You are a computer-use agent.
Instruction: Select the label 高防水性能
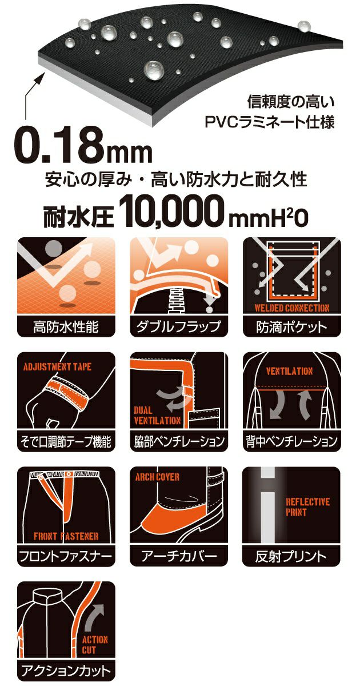coord(66,328)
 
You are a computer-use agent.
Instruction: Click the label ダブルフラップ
coord(179,328)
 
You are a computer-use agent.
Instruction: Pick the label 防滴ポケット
coord(292,328)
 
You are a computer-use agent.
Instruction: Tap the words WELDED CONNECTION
coord(292,308)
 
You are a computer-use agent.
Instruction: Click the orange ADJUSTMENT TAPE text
coord(57,366)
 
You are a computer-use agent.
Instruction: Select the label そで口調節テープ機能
coord(66,441)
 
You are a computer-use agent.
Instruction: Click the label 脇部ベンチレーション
coord(179,441)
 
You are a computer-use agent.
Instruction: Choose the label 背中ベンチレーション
coord(292,441)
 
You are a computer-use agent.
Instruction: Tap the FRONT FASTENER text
coord(66,536)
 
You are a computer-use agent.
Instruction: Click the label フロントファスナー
coord(66,556)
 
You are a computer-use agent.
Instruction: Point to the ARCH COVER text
coord(157,477)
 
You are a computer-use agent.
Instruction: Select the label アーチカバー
coord(179,556)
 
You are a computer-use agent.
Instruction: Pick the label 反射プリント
coord(292,556)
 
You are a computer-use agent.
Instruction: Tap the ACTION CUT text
coord(95,644)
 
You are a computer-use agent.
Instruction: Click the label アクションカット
coord(66,670)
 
